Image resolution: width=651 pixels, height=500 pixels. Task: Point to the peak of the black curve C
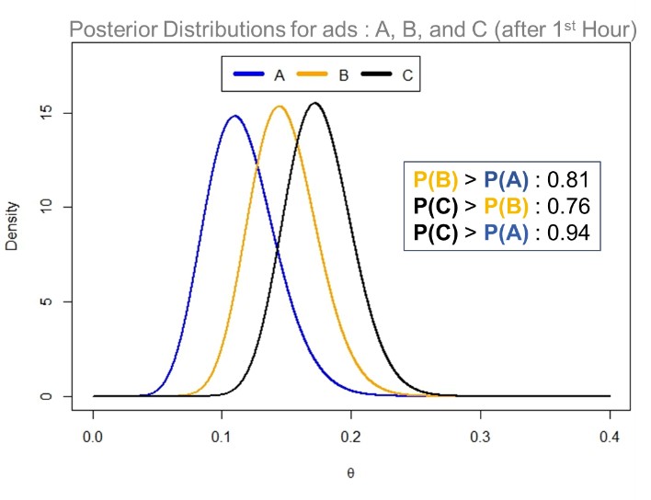[x=314, y=103]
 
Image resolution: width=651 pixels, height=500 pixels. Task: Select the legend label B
[x=343, y=75]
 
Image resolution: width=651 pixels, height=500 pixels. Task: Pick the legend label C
[x=406, y=75]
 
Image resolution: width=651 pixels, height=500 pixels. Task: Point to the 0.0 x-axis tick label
[x=93, y=434]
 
